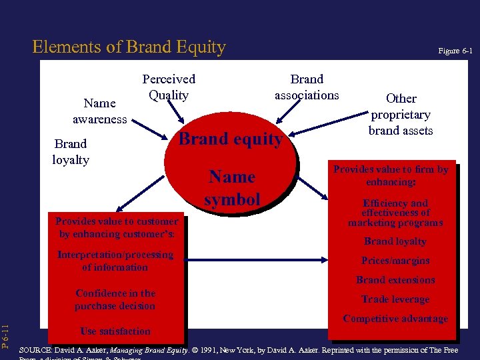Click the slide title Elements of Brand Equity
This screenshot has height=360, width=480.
coord(129,47)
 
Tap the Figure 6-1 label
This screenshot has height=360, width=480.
coord(455,51)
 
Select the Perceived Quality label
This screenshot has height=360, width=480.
coord(169,87)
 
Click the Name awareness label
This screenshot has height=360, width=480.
coord(99,111)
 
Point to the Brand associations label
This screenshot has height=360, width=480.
coord(307,87)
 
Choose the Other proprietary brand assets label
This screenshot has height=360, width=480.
coord(401,114)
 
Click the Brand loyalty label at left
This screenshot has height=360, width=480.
coord(71,151)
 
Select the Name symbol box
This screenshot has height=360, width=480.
coord(232,187)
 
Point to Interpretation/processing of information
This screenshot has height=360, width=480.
coord(115,261)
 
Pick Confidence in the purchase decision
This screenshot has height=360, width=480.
coord(115,299)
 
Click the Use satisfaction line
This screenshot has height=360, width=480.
coord(115,331)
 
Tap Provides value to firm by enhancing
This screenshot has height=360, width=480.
coord(391,175)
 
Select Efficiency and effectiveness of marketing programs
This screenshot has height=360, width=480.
coord(395,213)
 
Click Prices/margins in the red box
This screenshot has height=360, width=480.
coord(395,261)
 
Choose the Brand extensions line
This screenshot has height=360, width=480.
coord(395,280)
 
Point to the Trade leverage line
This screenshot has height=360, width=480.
coord(395,299)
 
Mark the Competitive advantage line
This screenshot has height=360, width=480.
coord(395,319)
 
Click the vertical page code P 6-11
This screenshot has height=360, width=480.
coord(6,337)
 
